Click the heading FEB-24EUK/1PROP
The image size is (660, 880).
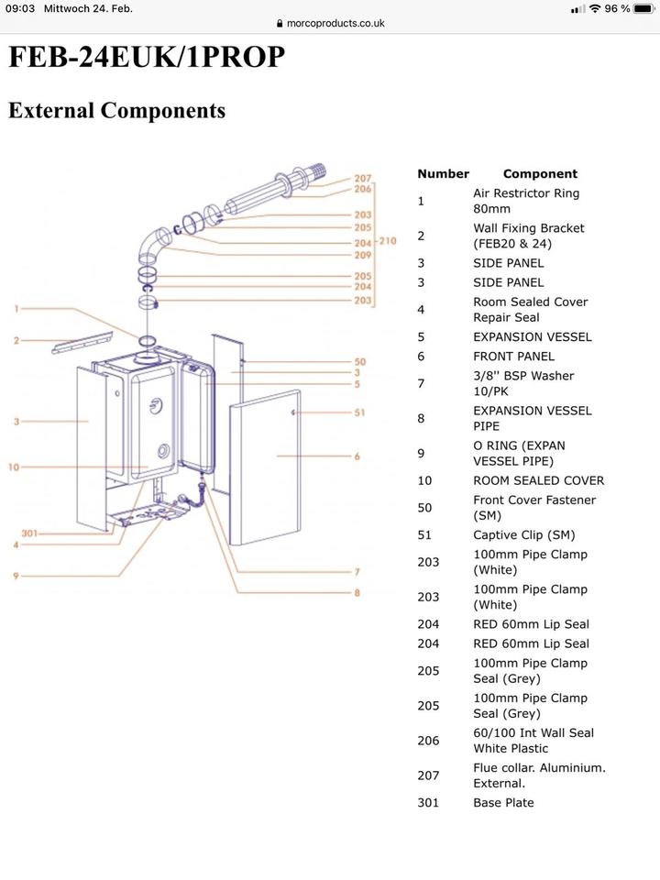click(x=147, y=58)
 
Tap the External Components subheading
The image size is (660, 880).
click(x=116, y=111)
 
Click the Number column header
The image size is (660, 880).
click(x=443, y=173)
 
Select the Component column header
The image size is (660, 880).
click(x=540, y=173)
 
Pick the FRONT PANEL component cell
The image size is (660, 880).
click(x=513, y=356)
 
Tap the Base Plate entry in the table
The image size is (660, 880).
click(x=503, y=802)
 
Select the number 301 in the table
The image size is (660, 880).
click(x=428, y=802)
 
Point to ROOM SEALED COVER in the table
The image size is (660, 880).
click(x=538, y=480)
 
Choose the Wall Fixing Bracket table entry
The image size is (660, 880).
click(x=528, y=236)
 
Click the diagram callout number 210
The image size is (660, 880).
click(x=387, y=242)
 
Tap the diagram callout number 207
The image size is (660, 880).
click(x=363, y=178)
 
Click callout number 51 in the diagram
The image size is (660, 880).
click(x=359, y=412)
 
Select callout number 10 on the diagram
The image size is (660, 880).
click(x=14, y=467)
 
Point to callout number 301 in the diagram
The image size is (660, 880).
click(x=29, y=533)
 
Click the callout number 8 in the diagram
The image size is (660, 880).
click(x=358, y=592)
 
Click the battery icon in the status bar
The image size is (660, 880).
click(x=646, y=8)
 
